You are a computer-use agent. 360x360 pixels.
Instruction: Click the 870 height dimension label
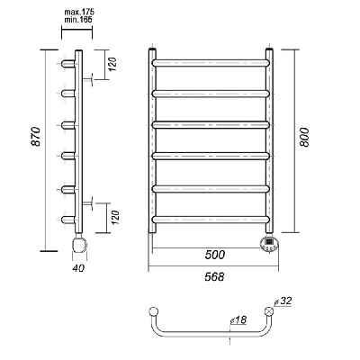pos(36,137)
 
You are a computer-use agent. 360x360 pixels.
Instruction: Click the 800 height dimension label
pos(304,137)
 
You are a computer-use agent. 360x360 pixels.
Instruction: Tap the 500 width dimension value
pos(215,255)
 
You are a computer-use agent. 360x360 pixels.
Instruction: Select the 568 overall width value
pos(214,276)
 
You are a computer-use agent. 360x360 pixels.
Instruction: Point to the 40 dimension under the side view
pos(78,268)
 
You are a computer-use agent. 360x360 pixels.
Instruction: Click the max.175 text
pos(79,13)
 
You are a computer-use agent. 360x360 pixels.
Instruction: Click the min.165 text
pos(78,20)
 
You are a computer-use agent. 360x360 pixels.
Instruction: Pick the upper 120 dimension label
pos(113,64)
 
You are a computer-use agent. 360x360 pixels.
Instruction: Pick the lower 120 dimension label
pos(115,218)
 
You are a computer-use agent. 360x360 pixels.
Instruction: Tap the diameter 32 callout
pos(283,301)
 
